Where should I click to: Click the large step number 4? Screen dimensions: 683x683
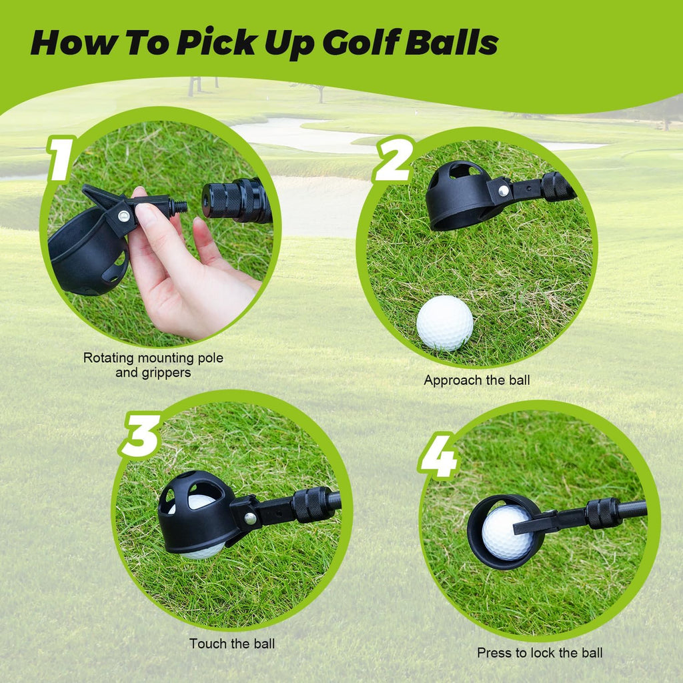[438, 455]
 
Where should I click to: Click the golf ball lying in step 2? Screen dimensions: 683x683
[445, 323]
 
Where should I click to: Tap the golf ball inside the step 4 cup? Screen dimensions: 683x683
[508, 532]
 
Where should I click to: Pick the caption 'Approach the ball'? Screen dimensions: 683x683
[477, 380]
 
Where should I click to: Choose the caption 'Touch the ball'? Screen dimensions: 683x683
[231, 644]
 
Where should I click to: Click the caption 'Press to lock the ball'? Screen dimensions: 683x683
[540, 653]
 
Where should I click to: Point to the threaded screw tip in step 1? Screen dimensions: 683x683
[178, 205]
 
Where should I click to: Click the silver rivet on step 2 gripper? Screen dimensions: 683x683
[503, 191]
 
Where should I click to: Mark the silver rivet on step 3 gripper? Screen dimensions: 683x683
[249, 518]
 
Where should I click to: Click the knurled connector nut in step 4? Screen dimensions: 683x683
[603, 513]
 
